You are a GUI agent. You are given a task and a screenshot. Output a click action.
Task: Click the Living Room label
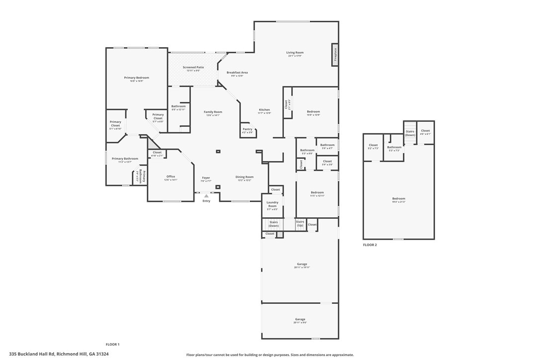tap(294, 53)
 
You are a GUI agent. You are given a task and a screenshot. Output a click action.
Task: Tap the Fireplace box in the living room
tap(336, 54)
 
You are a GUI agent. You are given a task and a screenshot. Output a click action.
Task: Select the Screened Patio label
tap(193, 67)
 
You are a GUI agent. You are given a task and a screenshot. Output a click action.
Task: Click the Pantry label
tap(247, 129)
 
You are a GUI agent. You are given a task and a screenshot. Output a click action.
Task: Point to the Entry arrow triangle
tap(206, 196)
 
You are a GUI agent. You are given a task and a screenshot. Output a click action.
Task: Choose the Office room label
tap(171, 177)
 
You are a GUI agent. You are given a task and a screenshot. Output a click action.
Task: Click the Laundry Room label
tap(272, 204)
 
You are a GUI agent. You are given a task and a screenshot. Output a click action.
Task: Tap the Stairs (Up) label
tap(300, 223)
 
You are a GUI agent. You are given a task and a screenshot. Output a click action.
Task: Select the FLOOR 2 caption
tap(369, 245)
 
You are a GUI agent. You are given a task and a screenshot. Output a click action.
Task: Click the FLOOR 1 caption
tap(112, 344)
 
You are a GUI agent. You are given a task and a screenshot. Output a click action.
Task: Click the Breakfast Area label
tap(237, 73)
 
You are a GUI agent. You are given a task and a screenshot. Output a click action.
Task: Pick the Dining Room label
tap(244, 177)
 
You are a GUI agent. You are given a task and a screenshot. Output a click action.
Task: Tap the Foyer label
tap(206, 178)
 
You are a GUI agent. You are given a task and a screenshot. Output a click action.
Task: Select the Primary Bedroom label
tap(136, 78)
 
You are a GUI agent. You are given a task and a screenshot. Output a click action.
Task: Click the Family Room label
tap(213, 112)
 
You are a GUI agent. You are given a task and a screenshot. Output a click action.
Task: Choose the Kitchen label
tap(264, 110)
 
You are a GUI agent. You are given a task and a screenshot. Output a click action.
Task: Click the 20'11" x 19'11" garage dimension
tap(302, 268)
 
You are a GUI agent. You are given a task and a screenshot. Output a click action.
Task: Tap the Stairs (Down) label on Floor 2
tap(410, 133)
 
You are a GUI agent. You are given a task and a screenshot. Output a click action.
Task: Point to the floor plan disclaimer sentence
tap(270, 355)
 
